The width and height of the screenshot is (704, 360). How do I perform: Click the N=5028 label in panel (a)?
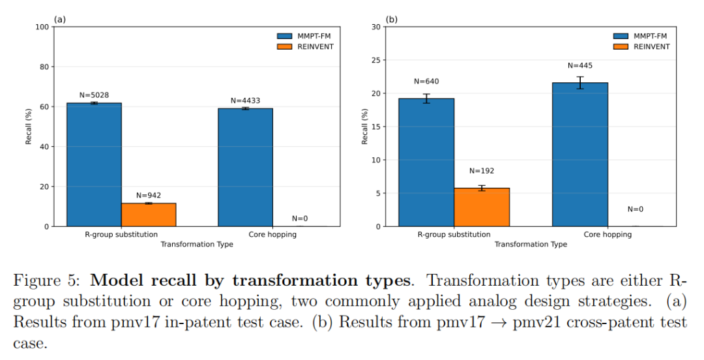[x=94, y=95]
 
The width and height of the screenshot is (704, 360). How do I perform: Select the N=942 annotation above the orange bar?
[x=149, y=195]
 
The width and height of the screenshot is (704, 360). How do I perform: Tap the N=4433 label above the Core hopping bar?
[x=245, y=100]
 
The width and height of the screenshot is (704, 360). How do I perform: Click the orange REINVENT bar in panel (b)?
[x=482, y=207]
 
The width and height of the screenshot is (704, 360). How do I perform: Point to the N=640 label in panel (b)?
[x=426, y=82]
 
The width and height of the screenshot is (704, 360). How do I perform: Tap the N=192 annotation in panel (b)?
[x=482, y=171]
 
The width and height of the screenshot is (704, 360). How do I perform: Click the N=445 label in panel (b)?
[x=580, y=65]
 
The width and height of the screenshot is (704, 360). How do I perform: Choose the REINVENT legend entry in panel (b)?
[x=642, y=46]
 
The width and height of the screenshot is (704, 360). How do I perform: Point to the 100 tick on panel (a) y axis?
[x=43, y=27]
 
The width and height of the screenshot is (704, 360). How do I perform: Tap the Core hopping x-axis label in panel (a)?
[x=272, y=234]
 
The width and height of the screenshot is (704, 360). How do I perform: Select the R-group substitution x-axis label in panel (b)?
[x=454, y=234]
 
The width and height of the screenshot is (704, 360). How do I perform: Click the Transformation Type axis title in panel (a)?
[x=197, y=245]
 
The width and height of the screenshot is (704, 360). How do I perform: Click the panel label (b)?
[x=391, y=20]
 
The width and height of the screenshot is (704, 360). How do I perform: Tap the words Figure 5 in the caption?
[x=45, y=282]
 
